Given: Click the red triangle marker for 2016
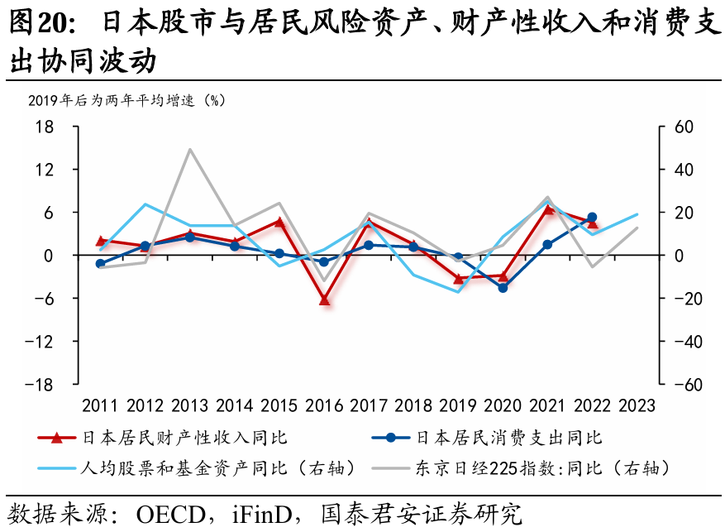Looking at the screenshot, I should (324, 300).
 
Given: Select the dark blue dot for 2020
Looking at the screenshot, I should (503, 287).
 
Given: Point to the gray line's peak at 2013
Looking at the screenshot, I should (190, 150).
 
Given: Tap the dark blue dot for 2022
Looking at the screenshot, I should (592, 218).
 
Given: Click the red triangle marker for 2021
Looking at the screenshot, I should (547, 208).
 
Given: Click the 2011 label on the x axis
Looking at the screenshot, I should (100, 405).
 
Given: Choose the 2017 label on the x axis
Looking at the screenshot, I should (369, 405).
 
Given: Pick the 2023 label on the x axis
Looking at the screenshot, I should (637, 405).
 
